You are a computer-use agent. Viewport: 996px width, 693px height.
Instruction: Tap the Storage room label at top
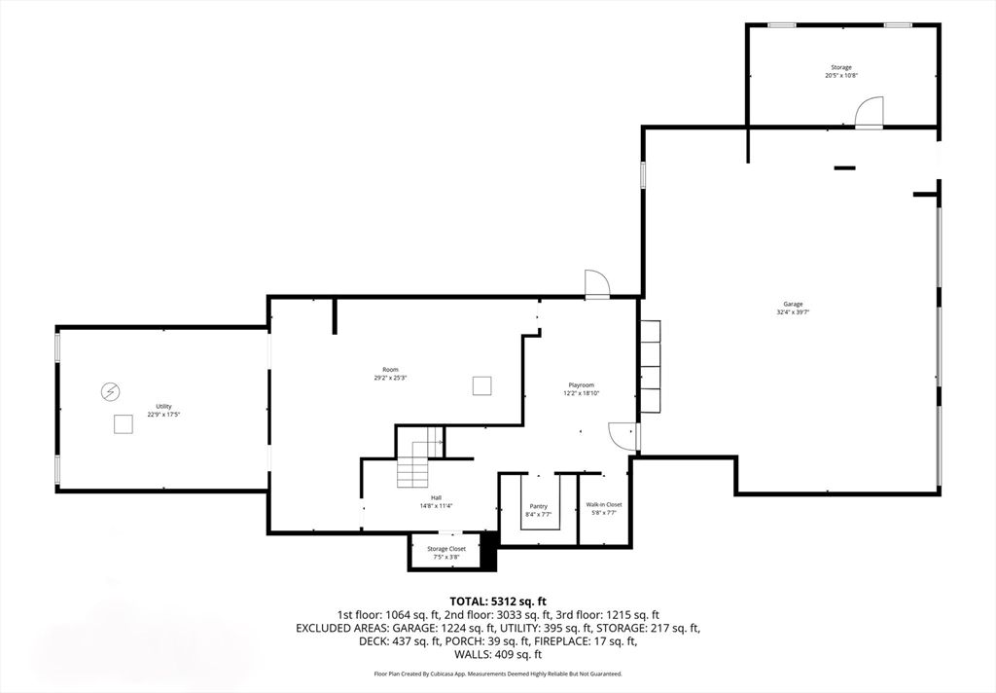click(x=840, y=67)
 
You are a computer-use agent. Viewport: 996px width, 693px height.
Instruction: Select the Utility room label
click(x=163, y=406)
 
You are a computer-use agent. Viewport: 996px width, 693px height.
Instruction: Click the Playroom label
click(x=581, y=385)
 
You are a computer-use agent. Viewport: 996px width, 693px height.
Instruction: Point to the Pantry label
click(x=538, y=506)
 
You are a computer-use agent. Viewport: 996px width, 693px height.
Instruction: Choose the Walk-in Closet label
click(x=603, y=504)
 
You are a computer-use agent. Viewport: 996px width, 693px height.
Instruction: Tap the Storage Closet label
click(x=446, y=549)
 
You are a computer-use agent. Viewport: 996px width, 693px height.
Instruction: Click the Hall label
click(x=437, y=497)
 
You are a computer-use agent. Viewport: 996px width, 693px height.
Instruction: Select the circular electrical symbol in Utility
click(x=111, y=391)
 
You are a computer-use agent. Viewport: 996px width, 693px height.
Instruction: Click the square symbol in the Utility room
click(x=123, y=424)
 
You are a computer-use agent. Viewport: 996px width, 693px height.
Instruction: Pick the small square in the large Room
click(x=481, y=386)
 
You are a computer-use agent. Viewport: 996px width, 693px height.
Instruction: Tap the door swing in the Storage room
click(x=869, y=112)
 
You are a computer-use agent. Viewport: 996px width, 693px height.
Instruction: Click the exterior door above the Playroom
click(x=596, y=283)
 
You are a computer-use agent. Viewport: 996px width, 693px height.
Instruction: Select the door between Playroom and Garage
click(x=622, y=437)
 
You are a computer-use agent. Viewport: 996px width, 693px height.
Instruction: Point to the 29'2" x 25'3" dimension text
click(x=390, y=378)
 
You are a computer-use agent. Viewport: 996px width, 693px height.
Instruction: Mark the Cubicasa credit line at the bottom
click(x=497, y=674)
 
